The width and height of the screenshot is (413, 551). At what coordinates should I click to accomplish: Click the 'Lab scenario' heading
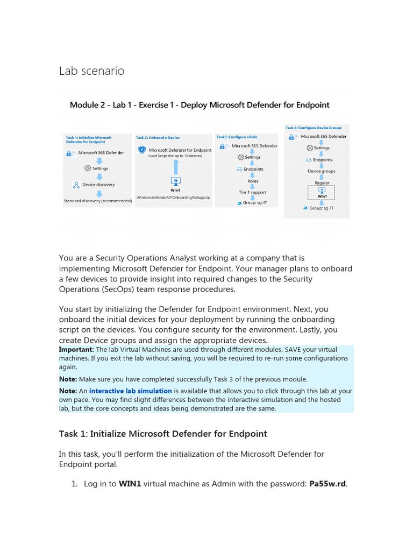[x=91, y=70]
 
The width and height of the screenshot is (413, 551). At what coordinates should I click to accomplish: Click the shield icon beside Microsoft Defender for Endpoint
[x=142, y=150]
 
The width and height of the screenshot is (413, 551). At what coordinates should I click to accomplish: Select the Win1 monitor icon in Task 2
[x=175, y=181]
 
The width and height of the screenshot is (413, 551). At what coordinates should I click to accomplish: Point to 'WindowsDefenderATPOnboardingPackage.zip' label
[x=173, y=197]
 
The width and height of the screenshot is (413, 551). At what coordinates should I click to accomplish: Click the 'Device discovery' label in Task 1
[x=98, y=185]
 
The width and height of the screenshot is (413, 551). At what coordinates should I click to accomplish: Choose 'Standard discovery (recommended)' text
[x=97, y=201]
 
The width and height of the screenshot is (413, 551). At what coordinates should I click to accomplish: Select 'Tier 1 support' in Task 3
[x=252, y=192]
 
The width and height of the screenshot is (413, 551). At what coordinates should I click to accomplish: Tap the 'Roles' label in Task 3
[x=253, y=181]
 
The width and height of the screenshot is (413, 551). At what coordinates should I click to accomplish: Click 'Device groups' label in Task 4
[x=321, y=171]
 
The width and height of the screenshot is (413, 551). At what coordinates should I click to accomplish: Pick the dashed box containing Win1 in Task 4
[x=322, y=193]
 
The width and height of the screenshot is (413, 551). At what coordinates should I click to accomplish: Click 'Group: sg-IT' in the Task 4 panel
[x=322, y=208]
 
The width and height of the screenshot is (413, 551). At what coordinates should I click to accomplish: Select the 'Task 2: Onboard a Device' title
[x=158, y=137]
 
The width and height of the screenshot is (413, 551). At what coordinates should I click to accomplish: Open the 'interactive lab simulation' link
[x=131, y=391]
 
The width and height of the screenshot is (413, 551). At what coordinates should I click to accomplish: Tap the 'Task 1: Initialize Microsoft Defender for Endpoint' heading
[x=163, y=434]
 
